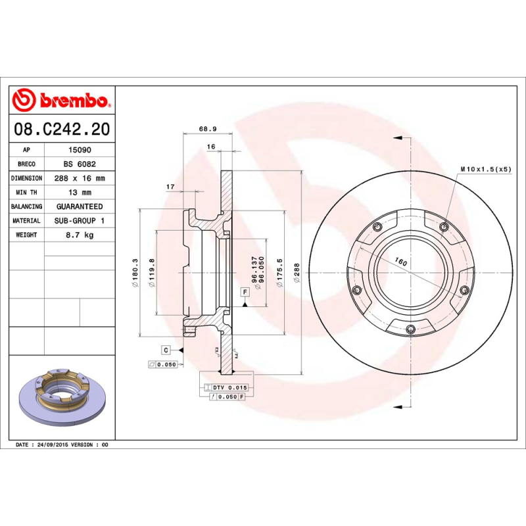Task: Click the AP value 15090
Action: pyautogui.click(x=80, y=150)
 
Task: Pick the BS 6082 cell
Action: pyautogui.click(x=80, y=164)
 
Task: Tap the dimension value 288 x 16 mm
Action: pyautogui.click(x=80, y=178)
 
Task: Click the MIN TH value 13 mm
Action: pyautogui.click(x=80, y=193)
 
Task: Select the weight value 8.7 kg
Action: pyautogui.click(x=80, y=235)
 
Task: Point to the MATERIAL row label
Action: pyautogui.click(x=27, y=221)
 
